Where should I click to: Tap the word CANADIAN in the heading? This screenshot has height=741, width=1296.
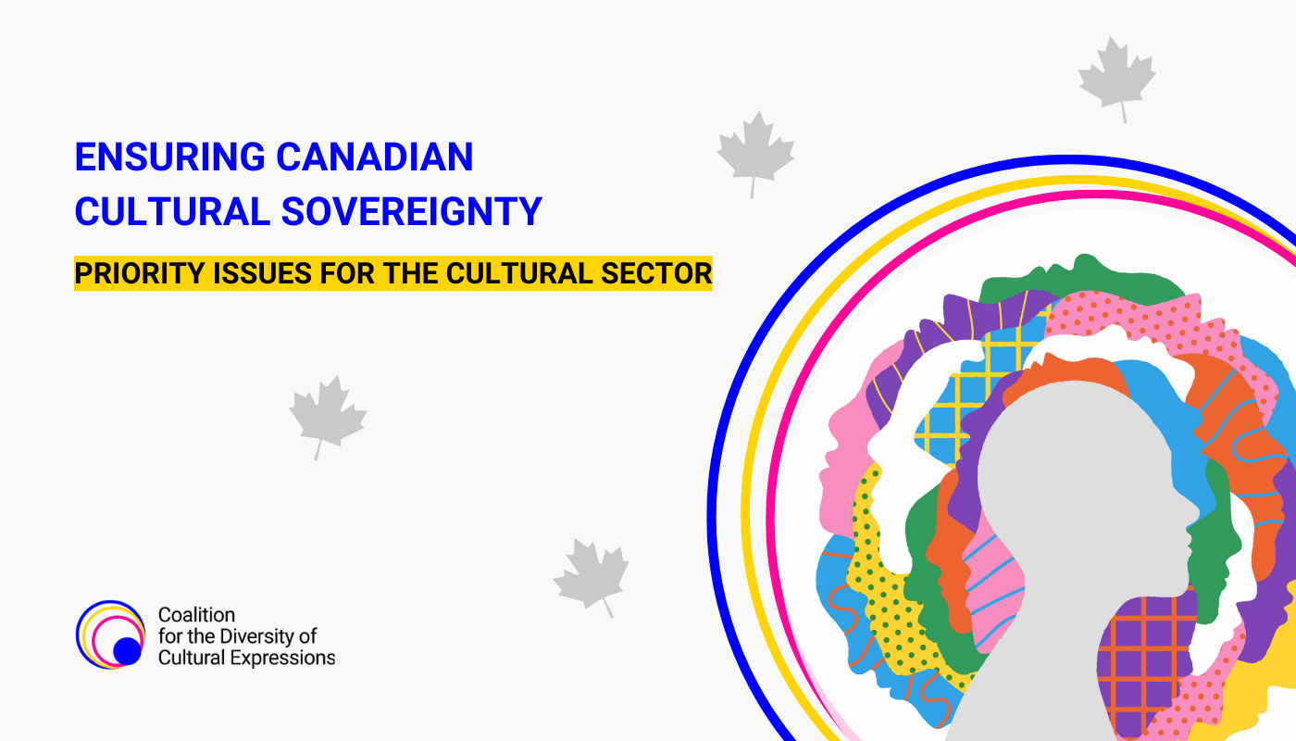pyautogui.click(x=375, y=157)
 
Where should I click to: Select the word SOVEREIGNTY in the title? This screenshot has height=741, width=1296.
pyautogui.click(x=412, y=211)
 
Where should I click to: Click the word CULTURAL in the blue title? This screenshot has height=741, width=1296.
pyautogui.click(x=172, y=211)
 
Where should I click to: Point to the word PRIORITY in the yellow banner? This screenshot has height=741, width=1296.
pyautogui.click(x=140, y=273)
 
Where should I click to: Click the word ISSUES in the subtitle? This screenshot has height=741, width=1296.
pyautogui.click(x=263, y=273)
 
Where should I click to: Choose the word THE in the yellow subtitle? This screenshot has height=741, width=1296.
pyautogui.click(x=410, y=273)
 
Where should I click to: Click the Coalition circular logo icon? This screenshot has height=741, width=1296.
pyautogui.click(x=110, y=634)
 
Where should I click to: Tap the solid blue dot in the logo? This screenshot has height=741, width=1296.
pyautogui.click(x=128, y=651)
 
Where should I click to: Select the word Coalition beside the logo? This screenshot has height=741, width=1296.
pyautogui.click(x=196, y=615)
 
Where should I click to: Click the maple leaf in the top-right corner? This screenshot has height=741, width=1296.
pyautogui.click(x=1116, y=78)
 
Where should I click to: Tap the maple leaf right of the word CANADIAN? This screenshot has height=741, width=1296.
pyautogui.click(x=755, y=153)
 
